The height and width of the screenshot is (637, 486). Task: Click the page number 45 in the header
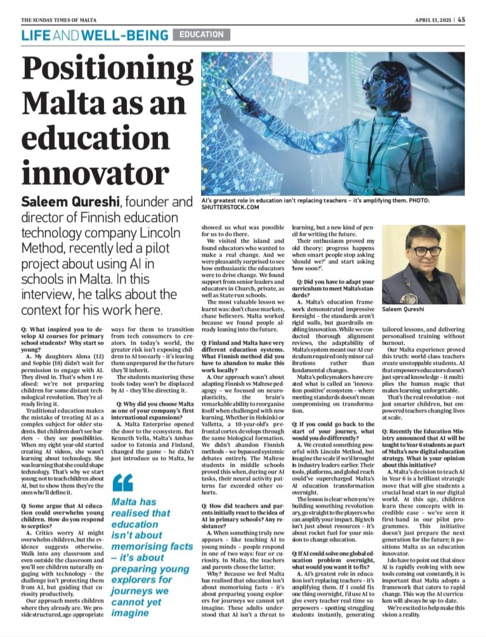pos(462,19)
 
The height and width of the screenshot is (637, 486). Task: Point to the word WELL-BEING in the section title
pos(125,36)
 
